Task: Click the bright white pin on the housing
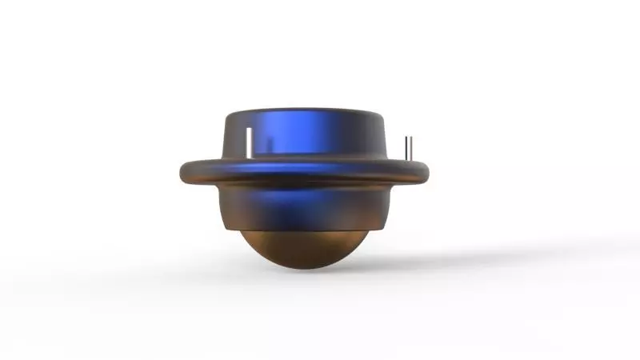click(250, 142)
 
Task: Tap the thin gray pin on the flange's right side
click(409, 149)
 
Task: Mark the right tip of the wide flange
click(431, 170)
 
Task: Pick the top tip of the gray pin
click(409, 138)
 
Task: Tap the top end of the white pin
click(250, 128)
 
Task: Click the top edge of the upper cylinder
click(304, 107)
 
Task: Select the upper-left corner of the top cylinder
click(226, 116)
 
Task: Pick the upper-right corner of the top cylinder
click(385, 116)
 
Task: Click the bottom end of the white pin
click(250, 157)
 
